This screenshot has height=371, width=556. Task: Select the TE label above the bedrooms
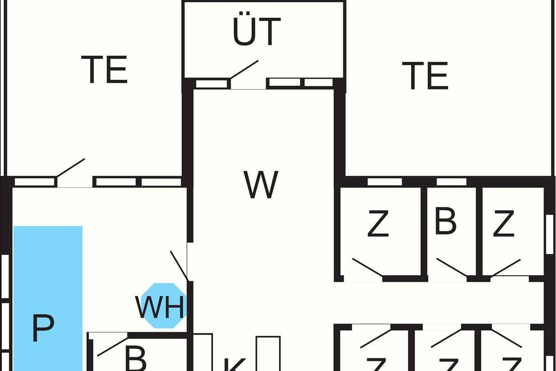(x=425, y=76)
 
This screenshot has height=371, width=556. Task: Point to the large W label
(x=261, y=185)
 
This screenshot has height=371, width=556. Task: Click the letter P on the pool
(x=43, y=328)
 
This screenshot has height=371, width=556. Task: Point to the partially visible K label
(x=234, y=365)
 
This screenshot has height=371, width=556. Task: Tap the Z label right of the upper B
(x=503, y=224)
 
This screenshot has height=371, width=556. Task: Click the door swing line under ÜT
(x=244, y=70)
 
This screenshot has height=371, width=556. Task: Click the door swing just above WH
(x=179, y=266)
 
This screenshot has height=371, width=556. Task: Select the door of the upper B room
(x=451, y=268)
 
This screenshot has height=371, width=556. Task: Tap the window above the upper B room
(x=451, y=182)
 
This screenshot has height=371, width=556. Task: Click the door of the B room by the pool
(x=112, y=346)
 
